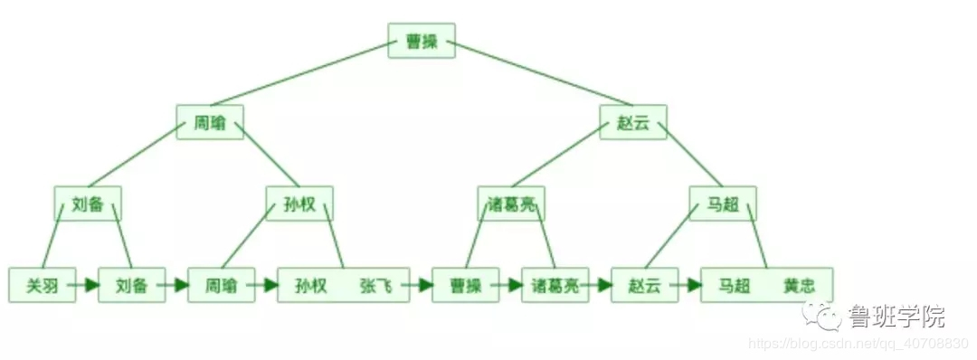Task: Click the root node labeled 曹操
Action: point(422,41)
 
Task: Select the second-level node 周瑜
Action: point(210,123)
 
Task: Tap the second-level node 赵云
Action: point(633,123)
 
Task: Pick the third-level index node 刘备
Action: point(88,204)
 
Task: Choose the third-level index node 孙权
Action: point(299,204)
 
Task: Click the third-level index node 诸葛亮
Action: point(511,204)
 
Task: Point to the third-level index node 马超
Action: point(722,204)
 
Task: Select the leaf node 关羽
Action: point(42,285)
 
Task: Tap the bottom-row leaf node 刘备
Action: point(131,285)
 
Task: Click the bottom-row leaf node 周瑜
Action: point(221,285)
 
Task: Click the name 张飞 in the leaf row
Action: point(375,285)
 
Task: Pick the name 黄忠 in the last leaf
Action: point(799,285)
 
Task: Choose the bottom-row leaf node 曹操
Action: point(465,285)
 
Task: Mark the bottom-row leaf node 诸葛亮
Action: point(555,285)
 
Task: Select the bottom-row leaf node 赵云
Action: point(644,285)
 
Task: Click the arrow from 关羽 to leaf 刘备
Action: point(87,285)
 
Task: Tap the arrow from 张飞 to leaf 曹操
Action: point(421,285)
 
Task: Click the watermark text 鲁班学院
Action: point(896,317)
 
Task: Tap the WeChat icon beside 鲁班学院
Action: point(823,316)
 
